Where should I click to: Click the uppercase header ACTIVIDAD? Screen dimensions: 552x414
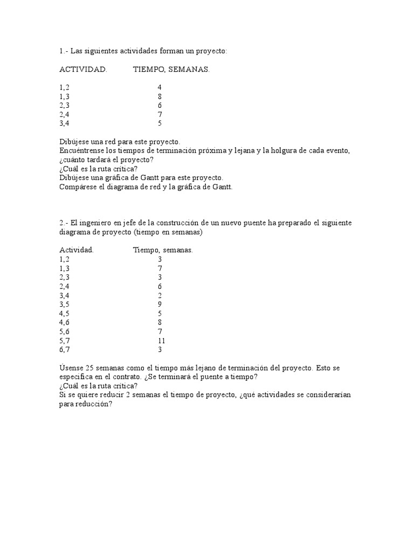83,70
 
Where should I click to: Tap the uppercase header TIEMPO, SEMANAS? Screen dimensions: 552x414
171,70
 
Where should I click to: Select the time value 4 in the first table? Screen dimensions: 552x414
160,87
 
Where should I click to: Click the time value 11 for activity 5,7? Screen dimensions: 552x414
161,341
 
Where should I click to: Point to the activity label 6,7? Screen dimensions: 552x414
65,350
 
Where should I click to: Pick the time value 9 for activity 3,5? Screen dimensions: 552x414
160,304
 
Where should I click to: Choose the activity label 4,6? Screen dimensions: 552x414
65,322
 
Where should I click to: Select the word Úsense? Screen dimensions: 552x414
71,368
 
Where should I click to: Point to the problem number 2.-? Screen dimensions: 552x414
64,223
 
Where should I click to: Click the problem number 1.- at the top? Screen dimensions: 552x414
63,51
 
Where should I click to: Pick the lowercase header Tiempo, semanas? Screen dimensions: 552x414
163,250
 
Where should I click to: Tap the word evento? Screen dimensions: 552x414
336,150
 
